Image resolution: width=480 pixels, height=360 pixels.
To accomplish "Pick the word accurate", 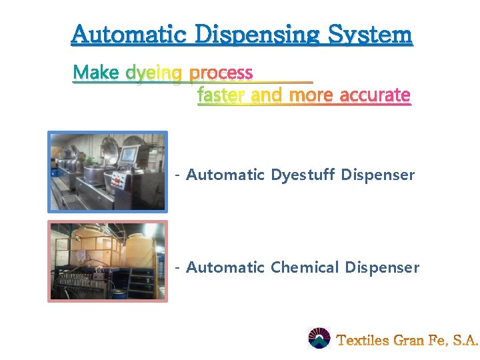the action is [375, 95].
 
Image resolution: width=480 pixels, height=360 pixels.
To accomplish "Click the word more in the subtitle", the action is [311, 95].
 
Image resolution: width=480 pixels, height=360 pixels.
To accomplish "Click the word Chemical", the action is [305, 267].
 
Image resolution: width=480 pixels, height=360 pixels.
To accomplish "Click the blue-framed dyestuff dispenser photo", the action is [108, 171].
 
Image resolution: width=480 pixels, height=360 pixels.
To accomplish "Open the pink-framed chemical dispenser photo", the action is [108, 261].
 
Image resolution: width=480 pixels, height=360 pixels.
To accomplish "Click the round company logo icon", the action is [319, 339].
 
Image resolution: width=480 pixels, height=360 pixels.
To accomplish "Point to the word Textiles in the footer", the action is [363, 340].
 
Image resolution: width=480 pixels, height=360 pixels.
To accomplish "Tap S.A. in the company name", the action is [465, 340].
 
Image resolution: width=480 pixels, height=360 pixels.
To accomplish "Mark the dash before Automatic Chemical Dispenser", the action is [177, 268].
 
